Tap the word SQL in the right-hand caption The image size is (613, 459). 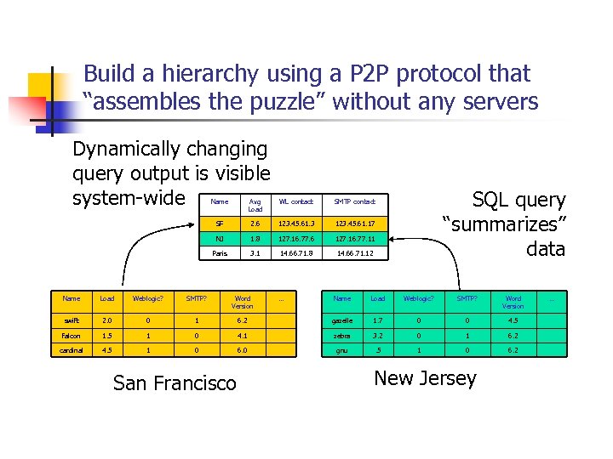tap(491, 201)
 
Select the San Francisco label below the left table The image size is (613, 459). tap(175, 383)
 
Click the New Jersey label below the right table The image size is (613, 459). tap(425, 378)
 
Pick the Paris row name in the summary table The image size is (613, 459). tap(220, 253)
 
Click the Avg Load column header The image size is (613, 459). tap(255, 205)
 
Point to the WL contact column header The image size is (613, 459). tap(295, 201)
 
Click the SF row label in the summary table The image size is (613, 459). tap(220, 223)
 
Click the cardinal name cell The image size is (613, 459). tap(72, 348)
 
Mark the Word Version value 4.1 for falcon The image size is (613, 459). tap(242, 336)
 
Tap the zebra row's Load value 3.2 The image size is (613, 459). tap(378, 336)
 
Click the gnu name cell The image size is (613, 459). tap(342, 348)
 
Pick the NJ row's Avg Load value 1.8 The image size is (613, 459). tap(255, 239)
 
